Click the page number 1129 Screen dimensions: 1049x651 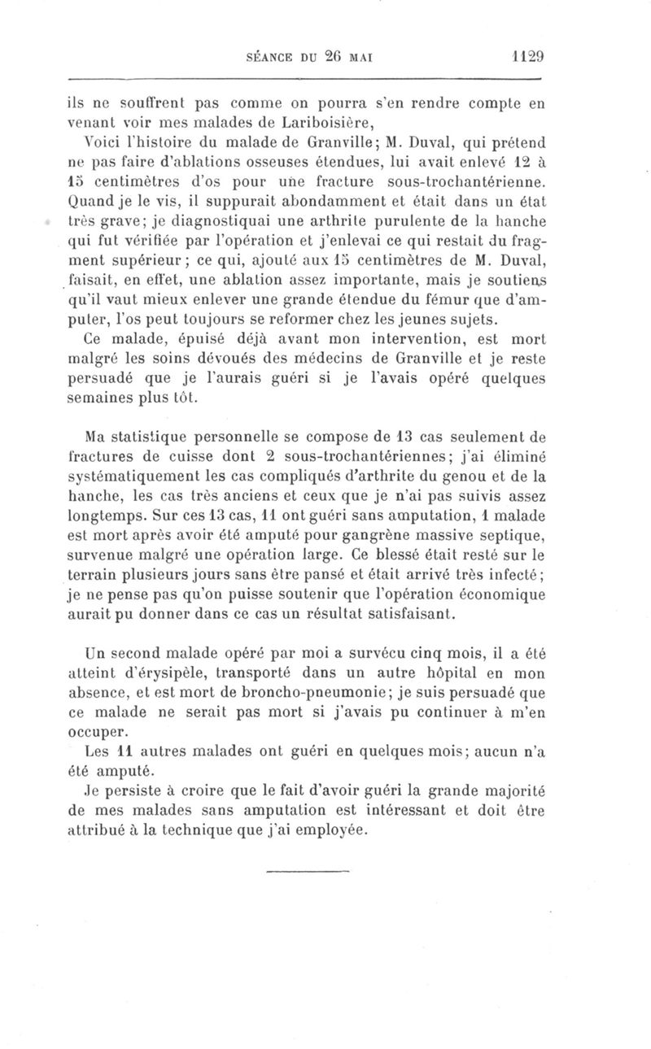click(x=527, y=58)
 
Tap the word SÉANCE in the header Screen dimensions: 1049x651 click(x=269, y=59)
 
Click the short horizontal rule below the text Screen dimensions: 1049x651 click(x=307, y=872)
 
